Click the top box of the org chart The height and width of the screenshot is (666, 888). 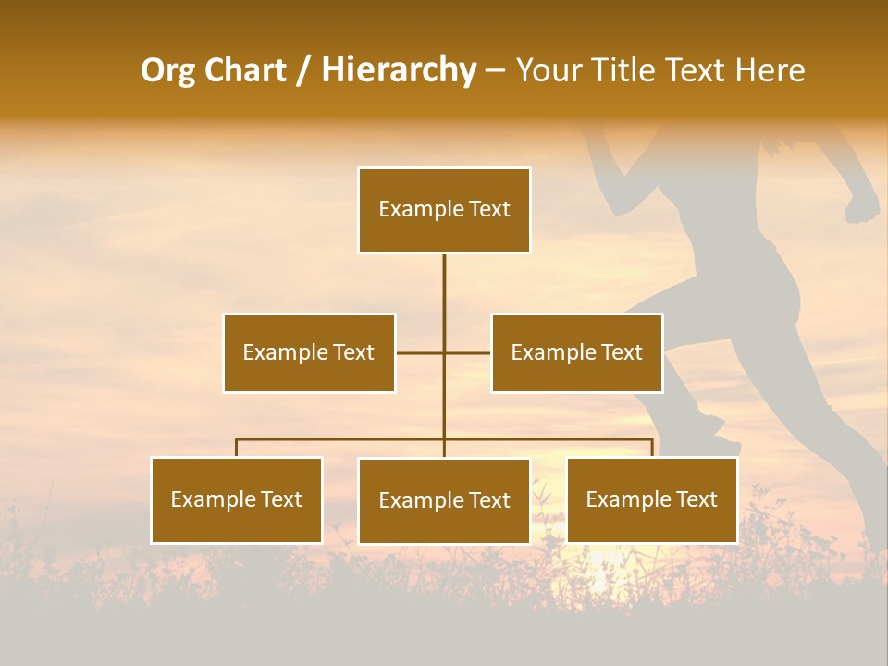(444, 210)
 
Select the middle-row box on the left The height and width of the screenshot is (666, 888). (309, 352)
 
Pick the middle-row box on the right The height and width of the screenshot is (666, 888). (576, 352)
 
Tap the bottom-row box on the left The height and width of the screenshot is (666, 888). (237, 499)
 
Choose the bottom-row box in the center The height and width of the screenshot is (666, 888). (444, 500)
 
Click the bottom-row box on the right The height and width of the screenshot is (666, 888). (652, 499)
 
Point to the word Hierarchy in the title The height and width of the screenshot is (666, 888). (399, 70)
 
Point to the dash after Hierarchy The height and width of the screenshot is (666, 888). (495, 71)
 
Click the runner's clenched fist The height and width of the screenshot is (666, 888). (862, 206)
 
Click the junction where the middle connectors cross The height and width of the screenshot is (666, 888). (444, 352)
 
